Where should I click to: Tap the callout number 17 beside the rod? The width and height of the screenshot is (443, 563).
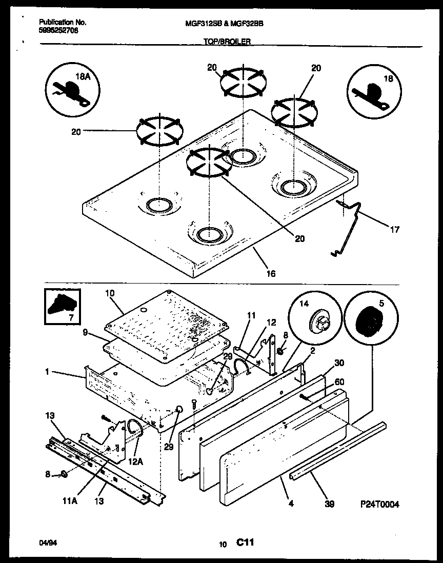[395, 230]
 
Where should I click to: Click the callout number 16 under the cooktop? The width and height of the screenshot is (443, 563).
[271, 274]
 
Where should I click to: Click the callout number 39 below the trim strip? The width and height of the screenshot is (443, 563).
[330, 504]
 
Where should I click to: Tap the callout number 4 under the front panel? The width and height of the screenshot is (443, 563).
[291, 504]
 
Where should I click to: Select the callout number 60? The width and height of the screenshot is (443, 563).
[339, 381]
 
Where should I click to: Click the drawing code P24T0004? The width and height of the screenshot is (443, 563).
[379, 504]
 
